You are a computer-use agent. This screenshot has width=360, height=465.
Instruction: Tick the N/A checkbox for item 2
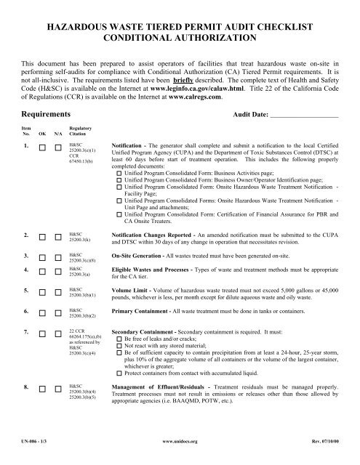(x=57, y=235)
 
